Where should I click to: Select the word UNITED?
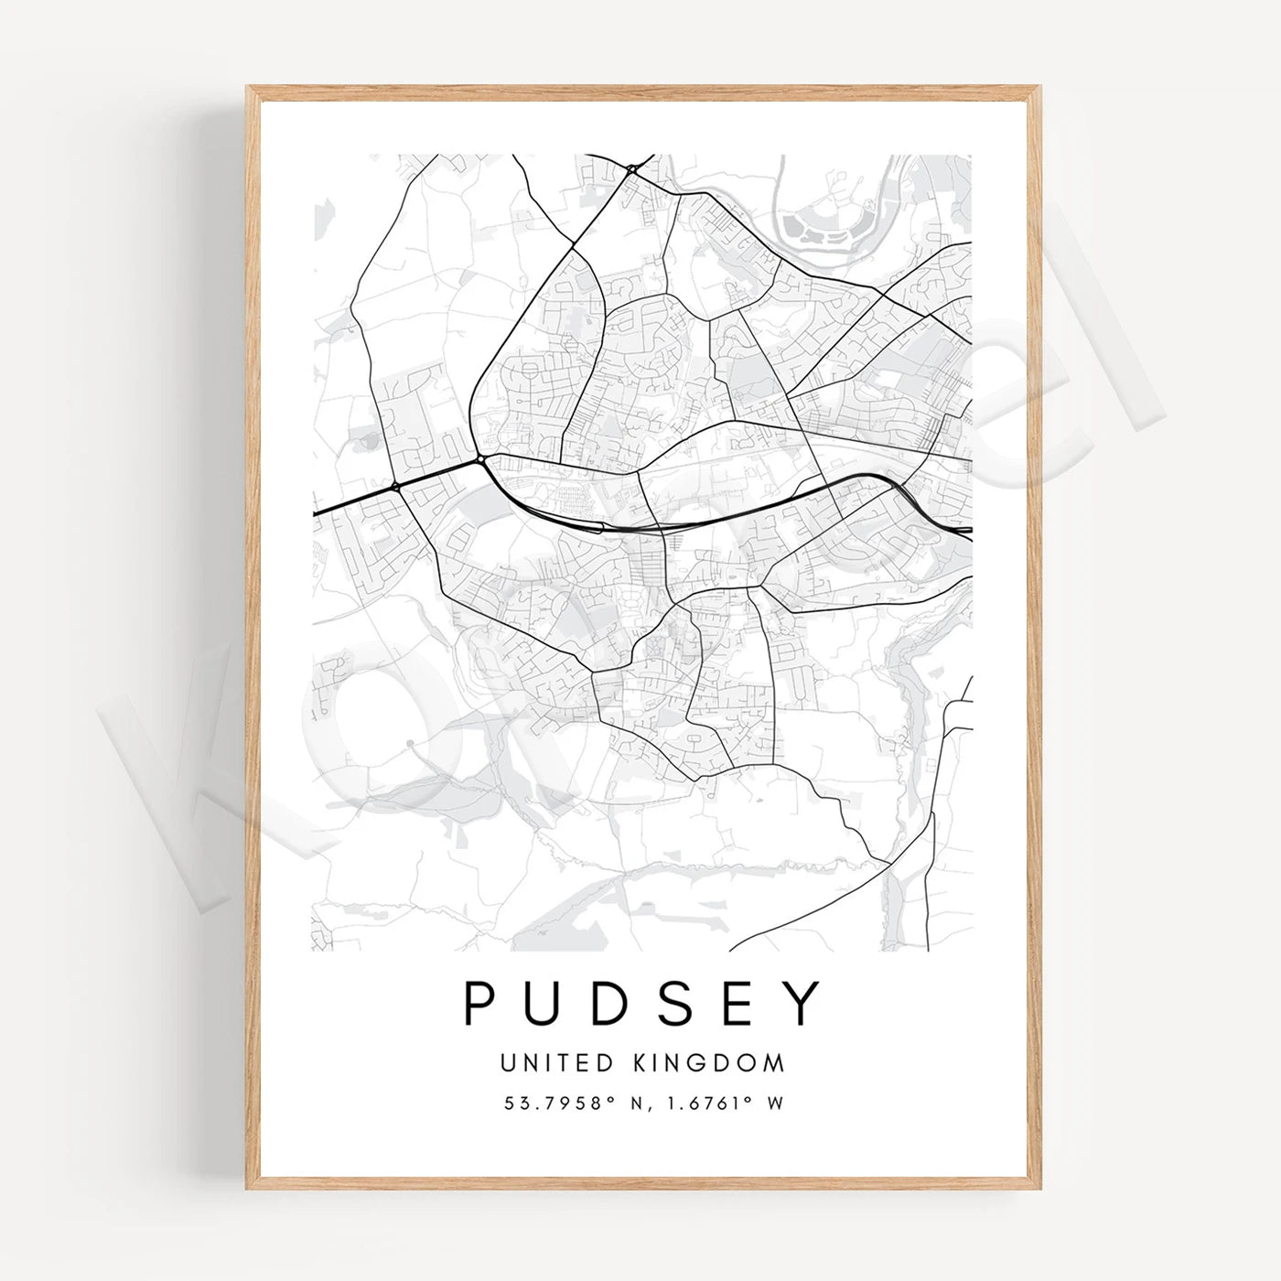pos(555,1063)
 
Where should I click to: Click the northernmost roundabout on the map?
pos(632,169)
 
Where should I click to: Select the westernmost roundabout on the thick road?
pos(395,487)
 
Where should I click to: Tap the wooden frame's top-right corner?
pos(1039,88)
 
